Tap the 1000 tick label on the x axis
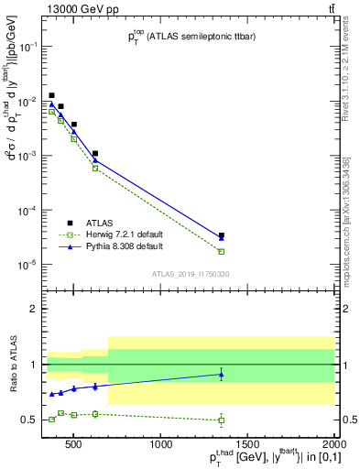pos(162,446)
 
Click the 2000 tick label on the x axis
pos(333,446)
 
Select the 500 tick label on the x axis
pos(77,446)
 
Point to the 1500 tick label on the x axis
pos(247,446)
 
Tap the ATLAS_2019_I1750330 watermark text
pos(191,274)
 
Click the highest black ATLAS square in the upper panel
pos(52,95)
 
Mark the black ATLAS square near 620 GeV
pos(95,154)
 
